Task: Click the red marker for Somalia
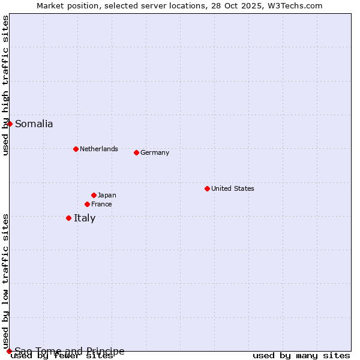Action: click(x=10, y=124)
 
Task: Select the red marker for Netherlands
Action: click(x=76, y=149)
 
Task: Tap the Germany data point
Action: click(x=136, y=152)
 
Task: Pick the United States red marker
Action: click(x=207, y=188)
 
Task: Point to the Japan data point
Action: click(x=94, y=195)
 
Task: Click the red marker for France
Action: click(x=87, y=204)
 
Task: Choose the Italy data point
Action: click(x=68, y=218)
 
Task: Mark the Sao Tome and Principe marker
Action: click(x=9, y=351)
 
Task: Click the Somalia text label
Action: click(x=34, y=124)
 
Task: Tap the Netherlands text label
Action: click(x=98, y=149)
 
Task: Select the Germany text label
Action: click(x=155, y=152)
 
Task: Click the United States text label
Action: click(x=232, y=188)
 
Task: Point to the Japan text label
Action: click(x=107, y=195)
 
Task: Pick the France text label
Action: click(x=101, y=204)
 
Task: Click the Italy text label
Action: click(x=85, y=218)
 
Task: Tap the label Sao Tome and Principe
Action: click(x=70, y=351)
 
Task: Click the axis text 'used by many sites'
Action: click(x=301, y=356)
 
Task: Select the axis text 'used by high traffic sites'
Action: click(x=5, y=85)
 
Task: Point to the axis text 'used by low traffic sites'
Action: click(x=5, y=281)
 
